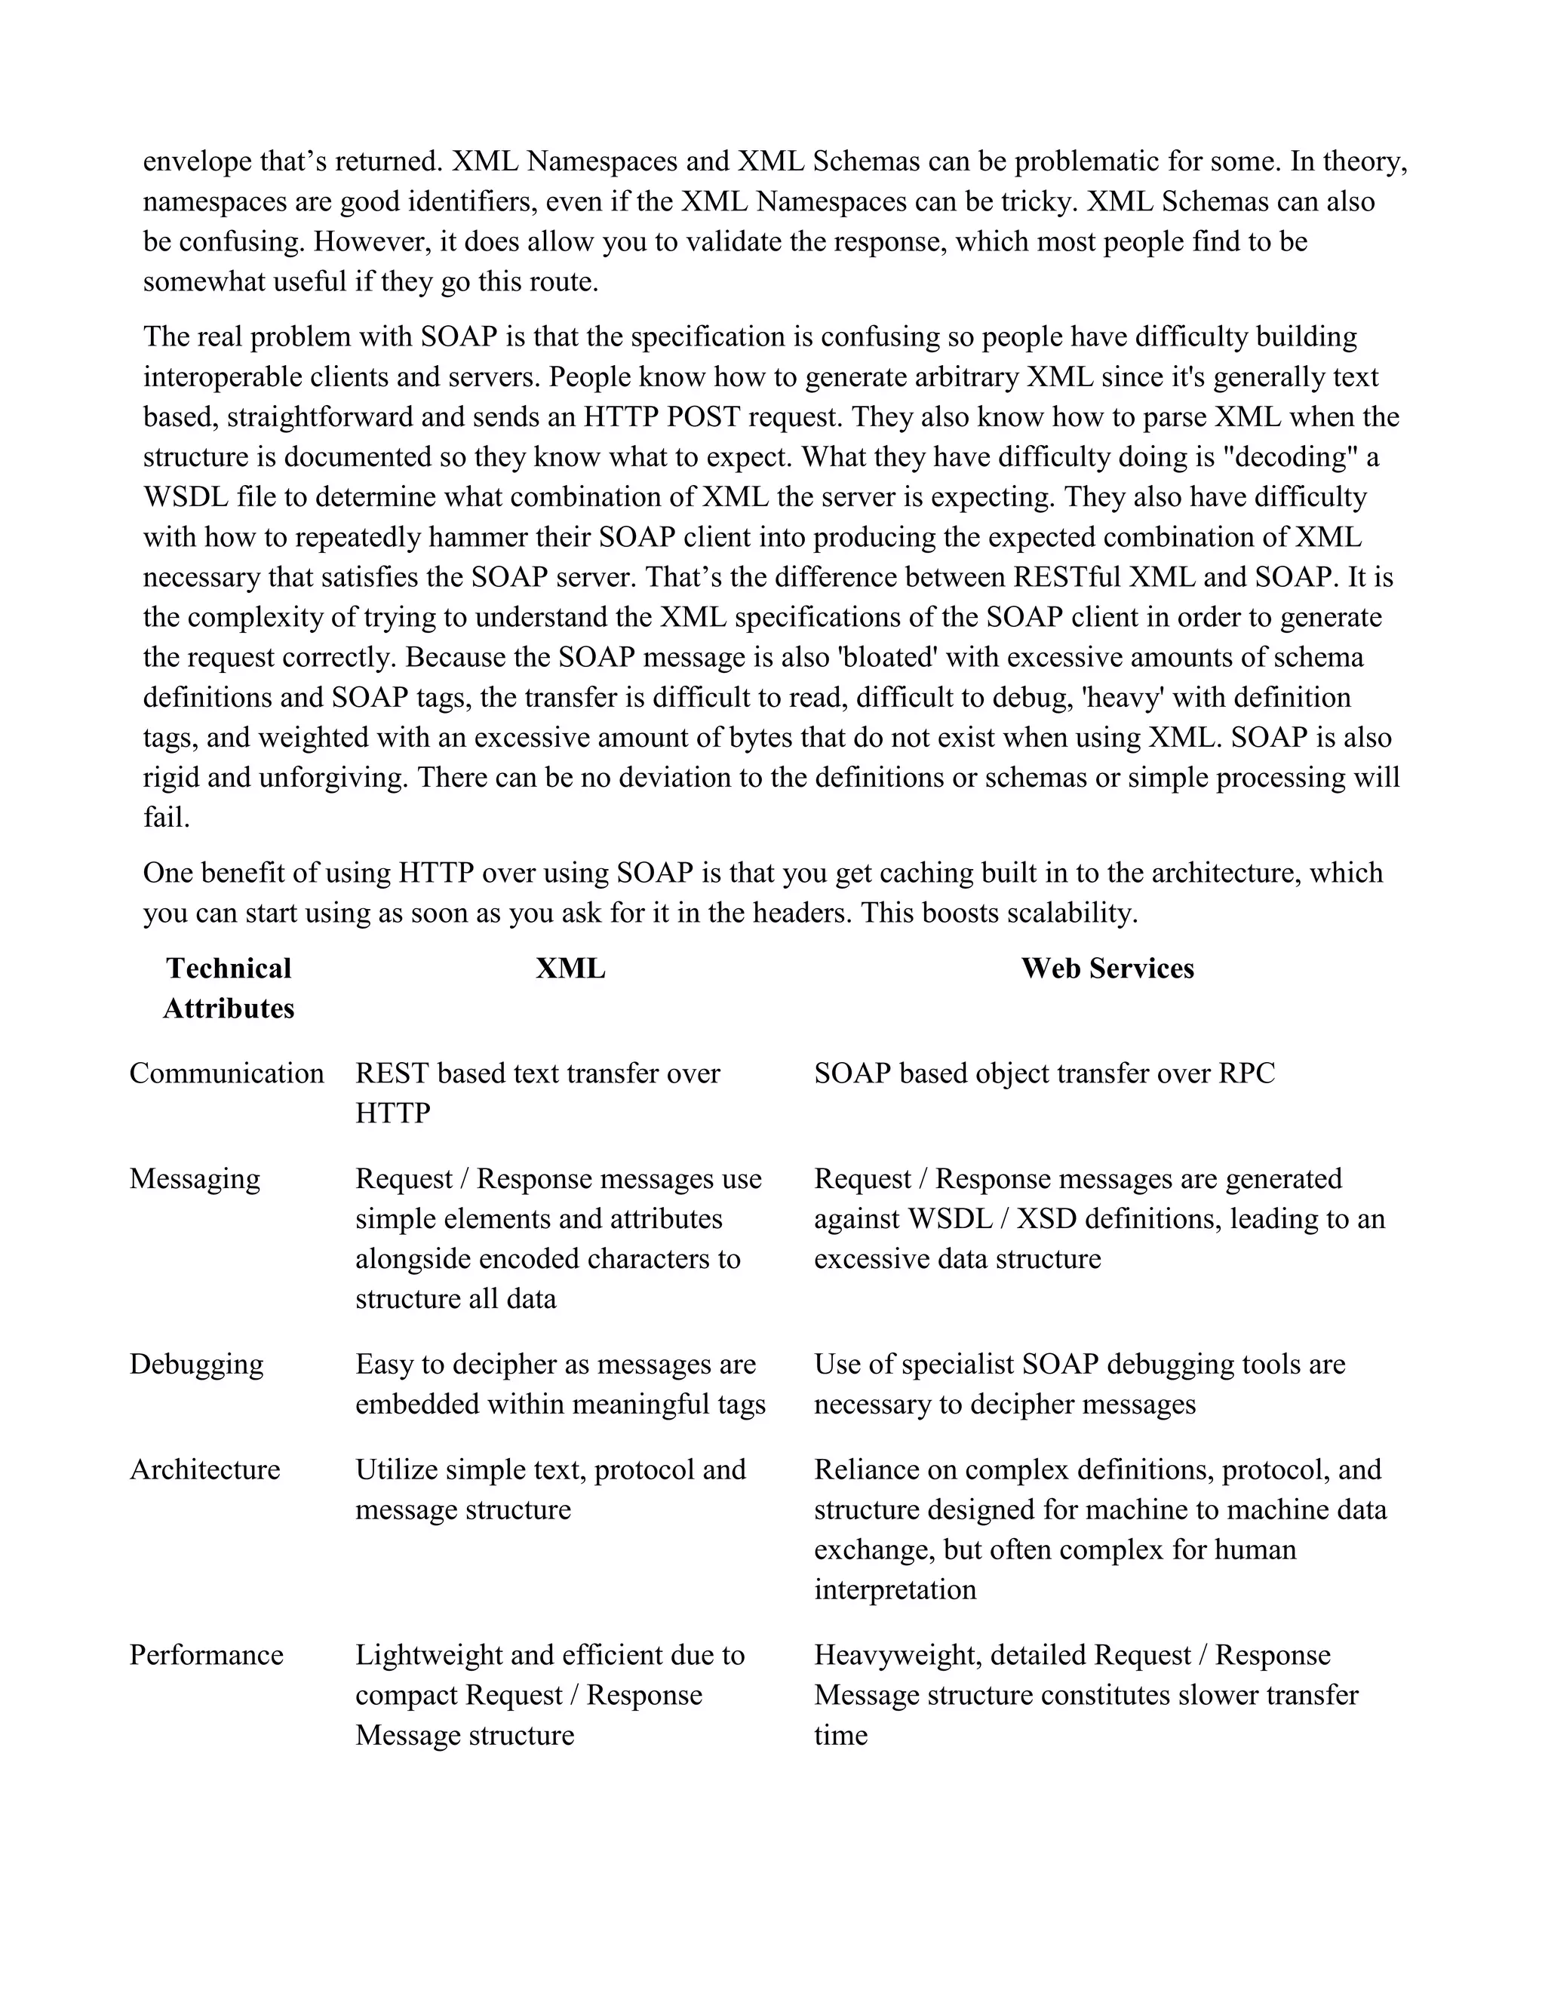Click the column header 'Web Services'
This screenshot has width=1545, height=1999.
tap(1107, 969)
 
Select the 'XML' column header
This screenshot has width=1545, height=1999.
tap(570, 969)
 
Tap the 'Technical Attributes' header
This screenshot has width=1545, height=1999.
tap(229, 988)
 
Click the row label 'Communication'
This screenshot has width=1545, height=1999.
tap(226, 1073)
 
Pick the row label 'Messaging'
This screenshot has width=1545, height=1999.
tap(194, 1178)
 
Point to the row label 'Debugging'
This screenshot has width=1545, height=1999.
tap(196, 1364)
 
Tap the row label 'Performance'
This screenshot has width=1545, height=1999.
tap(206, 1655)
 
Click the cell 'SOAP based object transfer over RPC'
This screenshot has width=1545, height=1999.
tap(1043, 1073)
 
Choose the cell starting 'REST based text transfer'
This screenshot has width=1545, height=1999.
tap(537, 1092)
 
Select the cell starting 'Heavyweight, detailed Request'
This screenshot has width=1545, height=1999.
tap(1086, 1694)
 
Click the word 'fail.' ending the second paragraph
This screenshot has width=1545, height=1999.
tap(167, 818)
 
